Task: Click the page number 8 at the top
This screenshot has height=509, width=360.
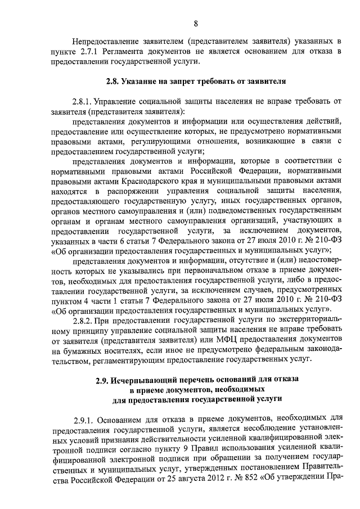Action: tap(196, 23)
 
